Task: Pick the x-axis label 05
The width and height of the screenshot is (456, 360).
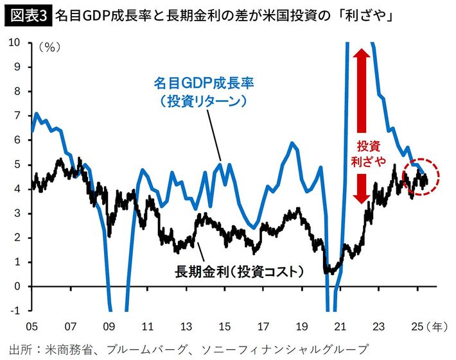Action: point(31,326)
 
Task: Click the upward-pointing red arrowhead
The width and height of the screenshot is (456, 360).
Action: point(362,55)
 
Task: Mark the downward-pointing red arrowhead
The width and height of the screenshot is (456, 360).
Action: point(362,196)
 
